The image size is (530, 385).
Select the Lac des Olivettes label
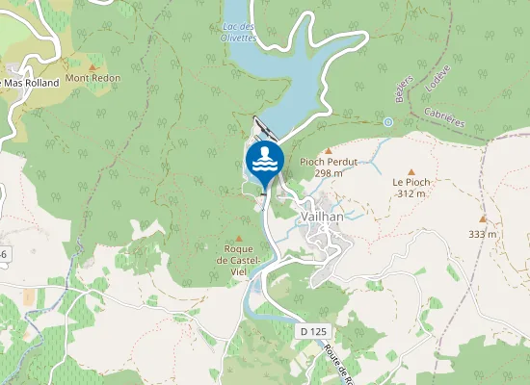coord(238,32)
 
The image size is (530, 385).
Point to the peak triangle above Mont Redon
coord(93,65)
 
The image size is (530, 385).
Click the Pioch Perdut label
coord(329,162)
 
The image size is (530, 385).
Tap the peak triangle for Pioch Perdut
coord(328,150)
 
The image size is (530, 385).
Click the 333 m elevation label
coord(482,234)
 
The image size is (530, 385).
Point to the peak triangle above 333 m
coord(483,219)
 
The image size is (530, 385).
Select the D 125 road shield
coord(314,330)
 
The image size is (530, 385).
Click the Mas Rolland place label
coord(30,83)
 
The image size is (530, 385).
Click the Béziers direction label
coord(403,90)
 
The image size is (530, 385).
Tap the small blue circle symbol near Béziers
coord(387,122)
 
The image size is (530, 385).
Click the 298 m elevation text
coord(329,173)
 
